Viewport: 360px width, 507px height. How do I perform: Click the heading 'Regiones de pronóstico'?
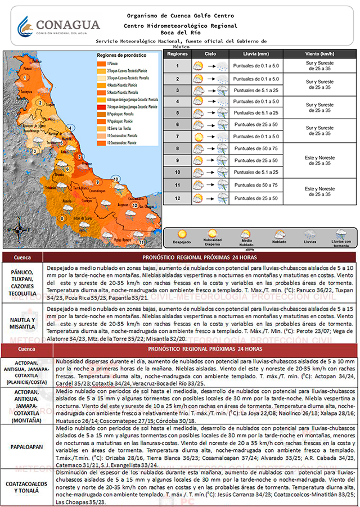121,56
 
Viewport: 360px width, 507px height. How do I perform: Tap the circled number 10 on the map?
116,178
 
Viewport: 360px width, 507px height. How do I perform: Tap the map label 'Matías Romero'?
123,240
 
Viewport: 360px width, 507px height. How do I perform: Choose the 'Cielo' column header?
210,53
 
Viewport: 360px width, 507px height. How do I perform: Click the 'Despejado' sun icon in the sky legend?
181,233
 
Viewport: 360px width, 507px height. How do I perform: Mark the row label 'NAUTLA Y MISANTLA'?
23,323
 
